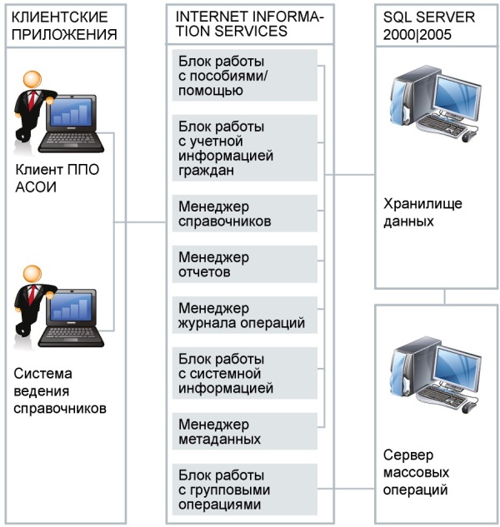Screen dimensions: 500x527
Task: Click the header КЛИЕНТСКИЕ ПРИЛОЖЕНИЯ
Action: (64, 26)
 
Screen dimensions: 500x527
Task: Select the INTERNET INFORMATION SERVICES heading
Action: (249, 23)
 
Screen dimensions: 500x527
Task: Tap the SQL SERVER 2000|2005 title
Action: (428, 26)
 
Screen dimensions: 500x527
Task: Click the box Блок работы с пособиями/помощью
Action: (245, 75)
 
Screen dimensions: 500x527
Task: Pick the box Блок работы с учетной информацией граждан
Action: (245, 148)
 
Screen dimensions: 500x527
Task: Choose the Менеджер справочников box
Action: (245, 213)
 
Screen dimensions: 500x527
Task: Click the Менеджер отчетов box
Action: (245, 264)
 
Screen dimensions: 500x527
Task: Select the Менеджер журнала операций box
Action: (245, 315)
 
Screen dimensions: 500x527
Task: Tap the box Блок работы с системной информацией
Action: (245, 373)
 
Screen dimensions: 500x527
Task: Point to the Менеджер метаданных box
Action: (245, 431)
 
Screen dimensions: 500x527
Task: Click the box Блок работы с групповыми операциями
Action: (245, 490)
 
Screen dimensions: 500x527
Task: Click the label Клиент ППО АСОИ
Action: (57, 178)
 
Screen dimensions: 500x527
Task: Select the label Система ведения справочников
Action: (60, 391)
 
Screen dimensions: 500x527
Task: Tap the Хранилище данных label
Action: (422, 212)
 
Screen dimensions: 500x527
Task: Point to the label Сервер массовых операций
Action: (416, 472)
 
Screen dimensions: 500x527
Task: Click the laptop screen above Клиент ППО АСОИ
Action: (71, 112)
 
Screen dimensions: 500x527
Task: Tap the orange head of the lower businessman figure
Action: (32, 275)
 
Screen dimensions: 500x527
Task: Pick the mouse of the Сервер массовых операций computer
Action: (468, 408)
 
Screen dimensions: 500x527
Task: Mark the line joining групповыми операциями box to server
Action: (346, 489)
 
